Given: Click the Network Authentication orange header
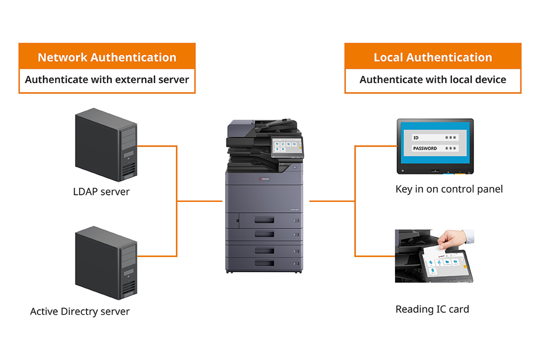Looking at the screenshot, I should coord(107,57).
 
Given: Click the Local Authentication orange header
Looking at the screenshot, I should coord(433,57).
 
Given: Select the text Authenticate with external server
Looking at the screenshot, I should coord(107,79).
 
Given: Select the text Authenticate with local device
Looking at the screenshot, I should coord(433,79).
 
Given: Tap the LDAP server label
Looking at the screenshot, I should coord(101,191).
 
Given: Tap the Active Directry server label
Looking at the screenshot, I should coord(80,311).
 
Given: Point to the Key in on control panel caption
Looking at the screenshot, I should coord(449,189).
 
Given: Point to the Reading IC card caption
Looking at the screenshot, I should coord(432,309).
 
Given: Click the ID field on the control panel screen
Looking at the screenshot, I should coord(434,137).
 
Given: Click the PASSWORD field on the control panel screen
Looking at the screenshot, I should coord(434,148).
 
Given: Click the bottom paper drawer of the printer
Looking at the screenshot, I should coord(264,263).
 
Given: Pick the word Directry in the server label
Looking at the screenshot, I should coord(90,311).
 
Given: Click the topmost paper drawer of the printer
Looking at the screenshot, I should coord(264,219).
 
